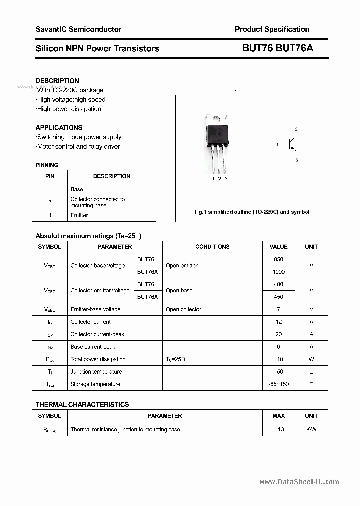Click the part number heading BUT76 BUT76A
click(x=278, y=48)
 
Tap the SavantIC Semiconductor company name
click(x=78, y=29)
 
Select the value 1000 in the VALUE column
click(x=278, y=272)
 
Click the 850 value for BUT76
click(x=278, y=259)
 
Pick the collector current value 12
click(x=278, y=322)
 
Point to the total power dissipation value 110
click(x=278, y=359)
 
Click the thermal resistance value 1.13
click(x=278, y=429)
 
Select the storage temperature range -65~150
click(x=278, y=384)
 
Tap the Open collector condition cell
click(x=183, y=309)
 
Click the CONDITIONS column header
click(x=212, y=247)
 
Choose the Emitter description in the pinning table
click(x=79, y=215)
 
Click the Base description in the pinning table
click(x=77, y=189)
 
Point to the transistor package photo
click(x=217, y=145)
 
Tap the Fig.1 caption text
click(x=251, y=212)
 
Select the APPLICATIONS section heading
click(x=59, y=127)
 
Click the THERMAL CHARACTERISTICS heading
click(x=82, y=404)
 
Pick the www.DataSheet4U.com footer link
click(x=299, y=482)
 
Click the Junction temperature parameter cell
click(x=96, y=372)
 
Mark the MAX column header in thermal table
click(x=278, y=416)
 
